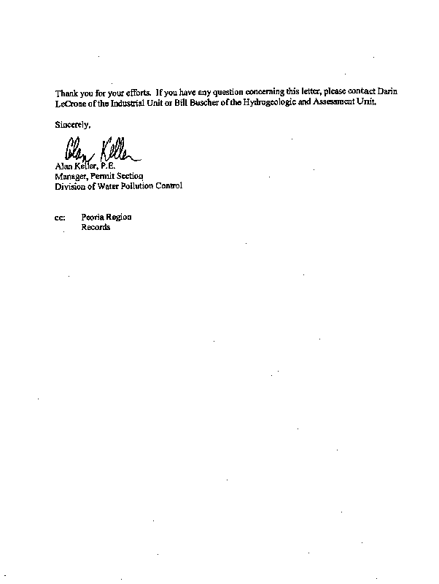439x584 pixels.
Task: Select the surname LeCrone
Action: [x=72, y=103]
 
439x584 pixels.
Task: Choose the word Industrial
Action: [x=125, y=103]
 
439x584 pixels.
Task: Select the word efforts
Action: [x=136, y=93]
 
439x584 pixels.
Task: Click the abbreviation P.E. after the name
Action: [x=108, y=166]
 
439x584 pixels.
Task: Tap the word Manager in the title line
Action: [x=71, y=176]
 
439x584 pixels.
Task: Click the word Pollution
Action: [x=139, y=185]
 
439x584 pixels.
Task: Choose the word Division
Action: [x=71, y=185]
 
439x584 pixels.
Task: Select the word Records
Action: [x=96, y=227]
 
